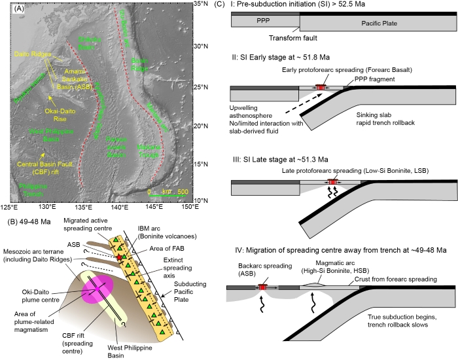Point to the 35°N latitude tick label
coord(201,5)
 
